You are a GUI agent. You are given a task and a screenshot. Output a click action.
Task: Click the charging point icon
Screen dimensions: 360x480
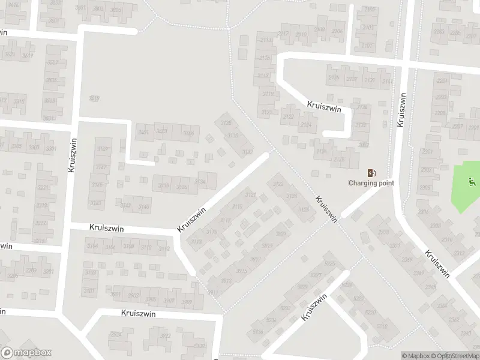(371, 172)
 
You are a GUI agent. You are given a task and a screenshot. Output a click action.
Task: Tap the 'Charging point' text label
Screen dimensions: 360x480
(371, 183)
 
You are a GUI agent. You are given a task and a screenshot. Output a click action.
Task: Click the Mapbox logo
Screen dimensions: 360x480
(26, 353)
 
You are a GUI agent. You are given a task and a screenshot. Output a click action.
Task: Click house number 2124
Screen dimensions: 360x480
(307, 125)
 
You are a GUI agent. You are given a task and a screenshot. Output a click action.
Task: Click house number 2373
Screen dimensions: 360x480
(395, 245)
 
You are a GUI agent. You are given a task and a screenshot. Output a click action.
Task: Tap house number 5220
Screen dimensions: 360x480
(371, 313)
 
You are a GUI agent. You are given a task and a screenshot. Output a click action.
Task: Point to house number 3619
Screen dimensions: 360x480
(28, 55)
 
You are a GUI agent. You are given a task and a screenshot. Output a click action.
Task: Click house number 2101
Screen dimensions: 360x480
(367, 46)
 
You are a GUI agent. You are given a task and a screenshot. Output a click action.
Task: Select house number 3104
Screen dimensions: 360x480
(92, 246)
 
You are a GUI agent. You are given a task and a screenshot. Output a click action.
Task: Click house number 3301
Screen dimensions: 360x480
(52, 148)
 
